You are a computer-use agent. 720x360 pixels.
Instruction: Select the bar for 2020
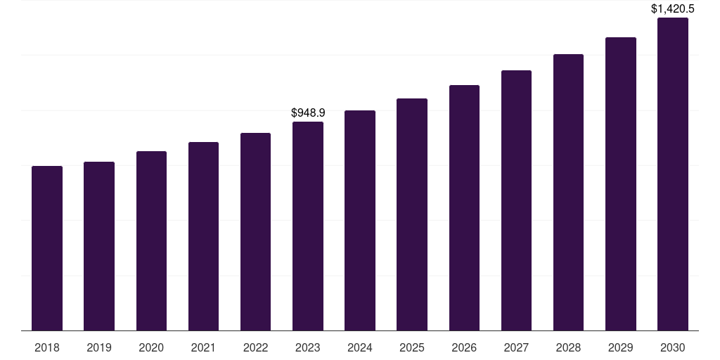151,240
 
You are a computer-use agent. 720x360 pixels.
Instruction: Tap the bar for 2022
255,231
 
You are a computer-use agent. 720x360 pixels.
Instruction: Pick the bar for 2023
308,226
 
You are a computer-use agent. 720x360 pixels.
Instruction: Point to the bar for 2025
412,214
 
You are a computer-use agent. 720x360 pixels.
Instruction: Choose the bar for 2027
516,200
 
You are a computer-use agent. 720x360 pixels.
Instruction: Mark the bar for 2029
620,184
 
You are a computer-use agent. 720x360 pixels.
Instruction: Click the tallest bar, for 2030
672,174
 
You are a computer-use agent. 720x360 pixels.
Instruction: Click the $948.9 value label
308,112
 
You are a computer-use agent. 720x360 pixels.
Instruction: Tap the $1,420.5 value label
672,9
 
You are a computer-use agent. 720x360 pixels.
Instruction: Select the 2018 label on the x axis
47,347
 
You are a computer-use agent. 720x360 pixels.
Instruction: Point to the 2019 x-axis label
99,347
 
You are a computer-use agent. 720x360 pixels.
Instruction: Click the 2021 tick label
203,347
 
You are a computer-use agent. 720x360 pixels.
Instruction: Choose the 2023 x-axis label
308,347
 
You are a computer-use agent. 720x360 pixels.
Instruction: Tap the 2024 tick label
360,347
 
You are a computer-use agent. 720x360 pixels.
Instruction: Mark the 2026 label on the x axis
464,347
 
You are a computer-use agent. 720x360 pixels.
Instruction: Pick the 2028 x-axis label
568,347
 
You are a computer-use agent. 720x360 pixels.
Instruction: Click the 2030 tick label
672,347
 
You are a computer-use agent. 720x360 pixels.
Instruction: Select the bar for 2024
360,220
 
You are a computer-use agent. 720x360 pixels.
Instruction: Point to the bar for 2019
99,246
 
